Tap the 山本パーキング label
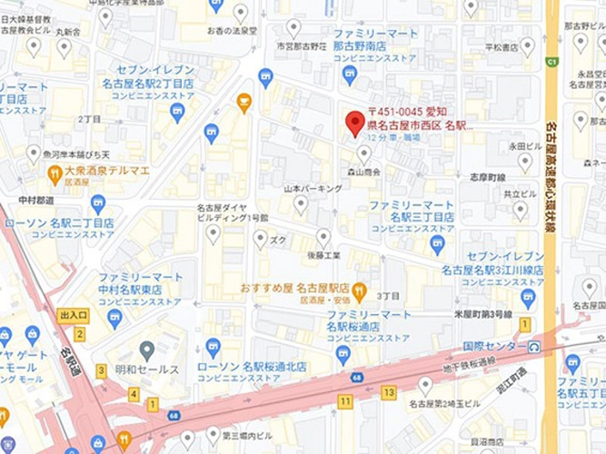pyautogui.click(x=313, y=188)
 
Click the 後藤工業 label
pyautogui.click(x=323, y=257)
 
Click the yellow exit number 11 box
pyautogui.click(x=344, y=400)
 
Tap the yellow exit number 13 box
pyautogui.click(x=389, y=392)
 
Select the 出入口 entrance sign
pyautogui.click(x=74, y=315)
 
